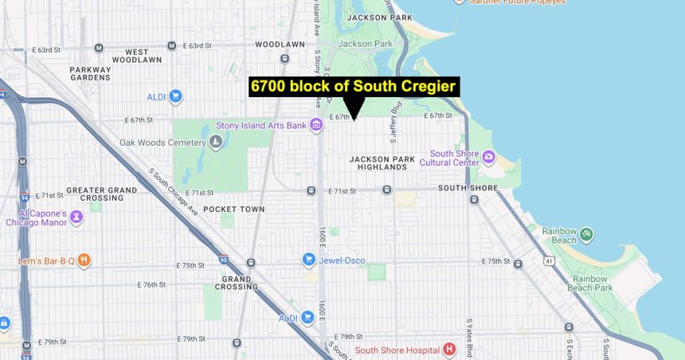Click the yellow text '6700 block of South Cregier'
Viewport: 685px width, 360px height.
tap(354, 87)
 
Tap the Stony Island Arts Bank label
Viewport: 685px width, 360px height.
tap(261, 125)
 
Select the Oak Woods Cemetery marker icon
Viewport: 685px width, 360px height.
tap(216, 143)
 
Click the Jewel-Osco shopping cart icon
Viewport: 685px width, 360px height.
tap(309, 260)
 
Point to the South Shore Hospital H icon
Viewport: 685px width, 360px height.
tap(449, 350)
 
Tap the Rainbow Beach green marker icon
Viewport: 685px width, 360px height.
tap(586, 234)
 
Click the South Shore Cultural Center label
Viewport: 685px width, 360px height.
tap(455, 158)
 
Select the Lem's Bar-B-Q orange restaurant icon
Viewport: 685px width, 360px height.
tap(84, 260)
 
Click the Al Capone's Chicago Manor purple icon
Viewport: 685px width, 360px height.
tap(76, 216)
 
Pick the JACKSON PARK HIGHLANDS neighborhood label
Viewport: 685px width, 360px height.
tap(382, 163)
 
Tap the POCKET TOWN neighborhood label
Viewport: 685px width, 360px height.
tap(233, 209)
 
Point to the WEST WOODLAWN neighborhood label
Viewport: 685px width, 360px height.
tap(137, 55)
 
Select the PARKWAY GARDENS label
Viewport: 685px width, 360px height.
tap(90, 73)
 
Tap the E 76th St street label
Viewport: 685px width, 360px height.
tap(151, 284)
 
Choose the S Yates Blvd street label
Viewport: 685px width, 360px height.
tap(469, 338)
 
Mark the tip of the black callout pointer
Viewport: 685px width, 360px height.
tap(354, 119)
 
